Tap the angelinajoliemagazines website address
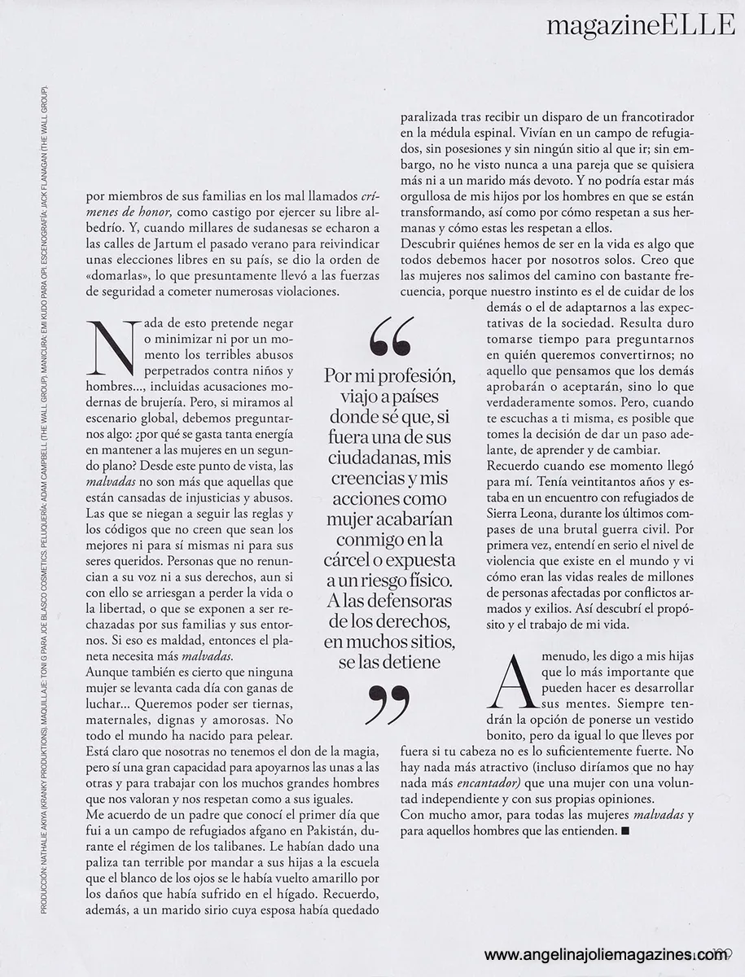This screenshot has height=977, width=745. (x=606, y=956)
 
